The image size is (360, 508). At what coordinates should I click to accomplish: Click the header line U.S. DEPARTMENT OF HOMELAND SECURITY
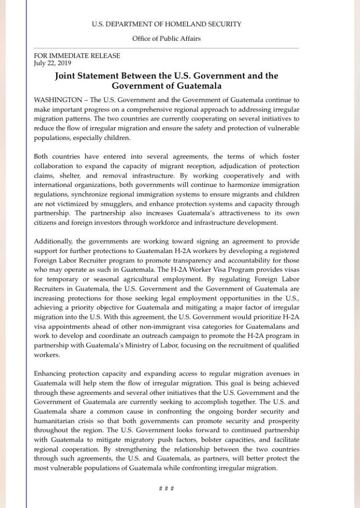[x=166, y=24]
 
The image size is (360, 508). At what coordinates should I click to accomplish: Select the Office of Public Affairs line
[x=166, y=39]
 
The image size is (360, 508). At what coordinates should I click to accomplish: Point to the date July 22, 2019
[x=53, y=63]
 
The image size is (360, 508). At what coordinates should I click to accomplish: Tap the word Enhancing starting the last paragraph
[x=53, y=373]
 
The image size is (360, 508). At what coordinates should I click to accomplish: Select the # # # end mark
[x=166, y=488]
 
